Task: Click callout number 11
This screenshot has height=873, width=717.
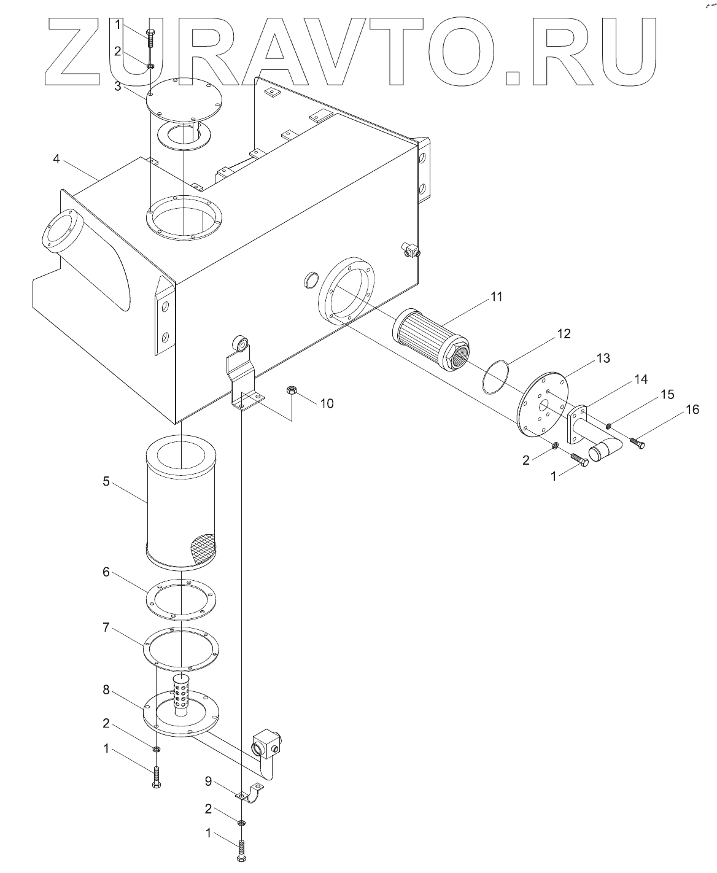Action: tap(497, 297)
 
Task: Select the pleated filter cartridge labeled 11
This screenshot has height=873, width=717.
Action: tap(430, 340)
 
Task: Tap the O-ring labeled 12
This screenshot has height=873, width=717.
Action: tap(495, 377)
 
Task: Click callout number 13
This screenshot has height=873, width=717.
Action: tap(603, 358)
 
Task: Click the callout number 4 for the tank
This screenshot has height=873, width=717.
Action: tap(56, 158)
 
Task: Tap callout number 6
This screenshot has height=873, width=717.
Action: tap(106, 572)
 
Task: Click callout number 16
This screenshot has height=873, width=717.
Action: tap(692, 409)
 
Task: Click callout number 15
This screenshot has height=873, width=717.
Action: tap(668, 394)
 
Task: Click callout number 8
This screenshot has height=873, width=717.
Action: tap(106, 689)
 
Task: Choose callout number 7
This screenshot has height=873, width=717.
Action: tap(106, 627)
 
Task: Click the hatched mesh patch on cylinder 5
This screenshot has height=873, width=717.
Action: tap(204, 549)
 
